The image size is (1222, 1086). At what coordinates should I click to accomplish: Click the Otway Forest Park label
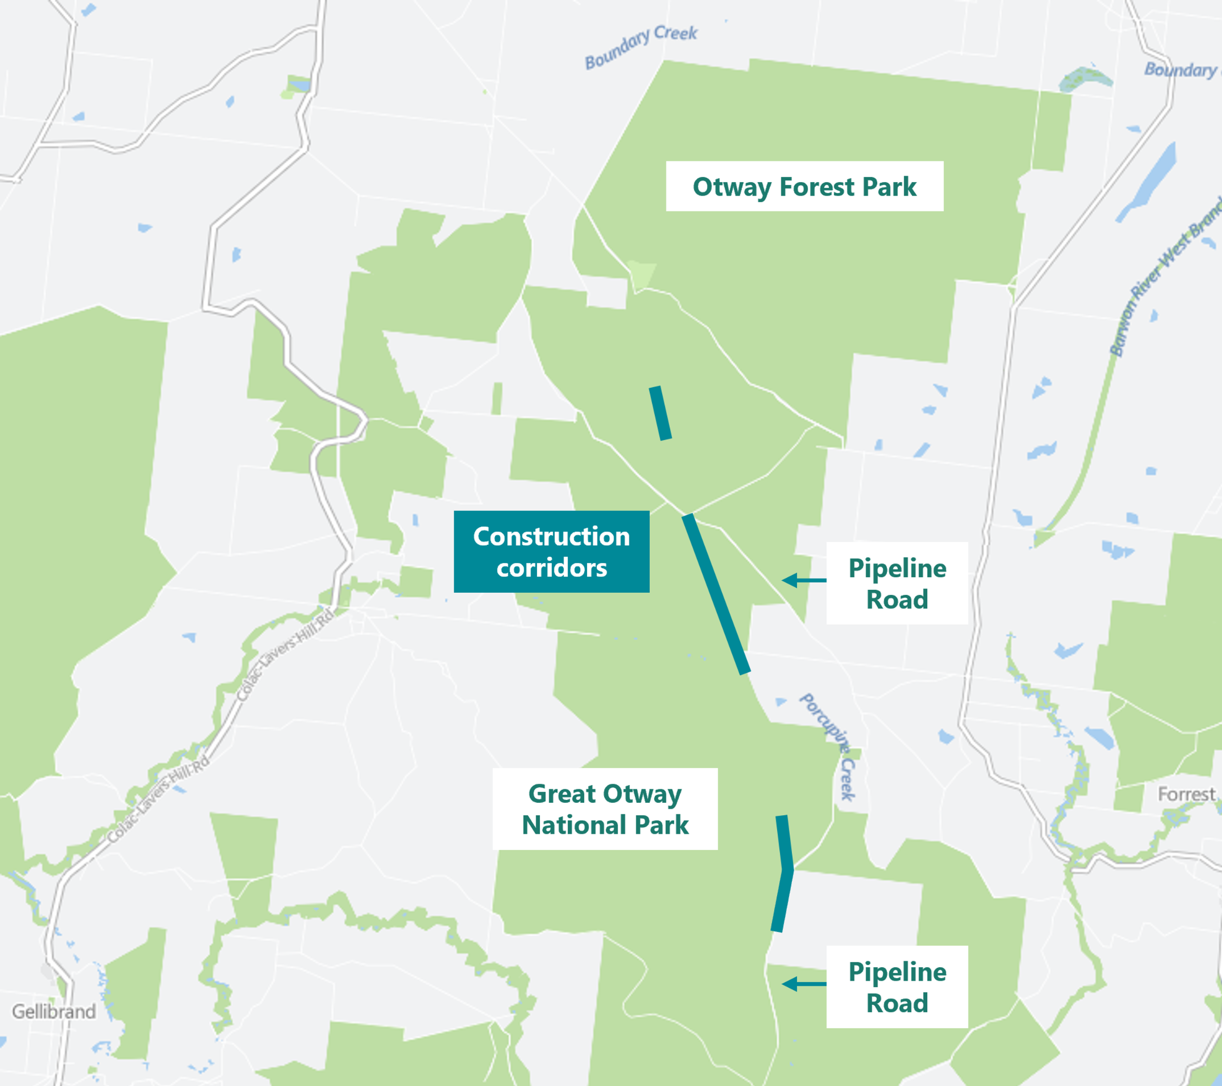pos(804,187)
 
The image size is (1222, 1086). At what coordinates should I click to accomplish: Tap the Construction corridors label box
pos(551,552)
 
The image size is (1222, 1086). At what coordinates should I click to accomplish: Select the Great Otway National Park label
pos(605,809)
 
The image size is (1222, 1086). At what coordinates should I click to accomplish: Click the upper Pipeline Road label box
pos(897,583)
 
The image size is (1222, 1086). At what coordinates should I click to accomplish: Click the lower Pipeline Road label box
pos(897,987)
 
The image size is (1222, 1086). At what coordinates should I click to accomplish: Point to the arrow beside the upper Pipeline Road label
pos(803,580)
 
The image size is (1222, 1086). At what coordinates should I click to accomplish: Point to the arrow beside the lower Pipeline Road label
pos(803,984)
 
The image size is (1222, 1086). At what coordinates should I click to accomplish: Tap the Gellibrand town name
pos(54,1011)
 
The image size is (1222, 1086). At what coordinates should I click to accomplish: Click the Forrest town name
pos(1186,794)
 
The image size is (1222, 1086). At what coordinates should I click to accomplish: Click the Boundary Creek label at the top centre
pos(641,47)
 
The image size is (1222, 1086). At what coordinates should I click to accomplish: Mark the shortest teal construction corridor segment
pos(660,413)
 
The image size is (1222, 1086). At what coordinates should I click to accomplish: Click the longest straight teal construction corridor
pos(716,594)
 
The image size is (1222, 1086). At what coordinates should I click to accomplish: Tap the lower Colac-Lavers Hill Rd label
pos(159,799)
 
